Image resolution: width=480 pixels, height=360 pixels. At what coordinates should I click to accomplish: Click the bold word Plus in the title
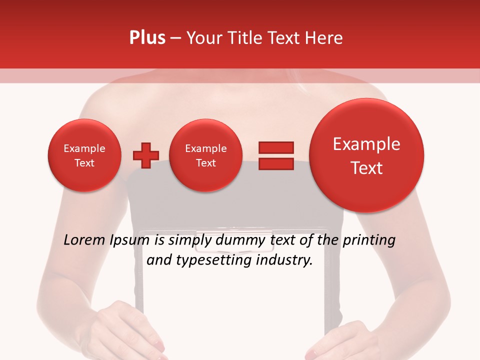(x=147, y=38)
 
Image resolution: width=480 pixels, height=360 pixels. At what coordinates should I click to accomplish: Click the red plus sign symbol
(x=145, y=155)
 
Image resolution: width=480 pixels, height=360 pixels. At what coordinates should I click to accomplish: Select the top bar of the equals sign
(x=275, y=147)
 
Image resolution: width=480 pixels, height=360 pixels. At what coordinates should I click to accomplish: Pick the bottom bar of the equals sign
(x=275, y=163)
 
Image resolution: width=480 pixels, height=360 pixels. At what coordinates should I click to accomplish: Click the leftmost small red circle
(x=84, y=155)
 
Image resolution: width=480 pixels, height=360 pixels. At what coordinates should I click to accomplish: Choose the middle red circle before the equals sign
(x=205, y=155)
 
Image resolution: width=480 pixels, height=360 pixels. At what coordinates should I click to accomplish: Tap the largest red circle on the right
(x=366, y=155)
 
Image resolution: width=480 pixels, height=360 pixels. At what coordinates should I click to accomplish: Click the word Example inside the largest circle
(x=366, y=144)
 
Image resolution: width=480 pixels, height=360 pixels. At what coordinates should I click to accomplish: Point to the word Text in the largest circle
(x=366, y=168)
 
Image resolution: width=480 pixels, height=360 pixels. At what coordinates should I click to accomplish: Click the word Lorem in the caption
(x=85, y=240)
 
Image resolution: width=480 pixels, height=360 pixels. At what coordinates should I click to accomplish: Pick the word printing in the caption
(x=368, y=241)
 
